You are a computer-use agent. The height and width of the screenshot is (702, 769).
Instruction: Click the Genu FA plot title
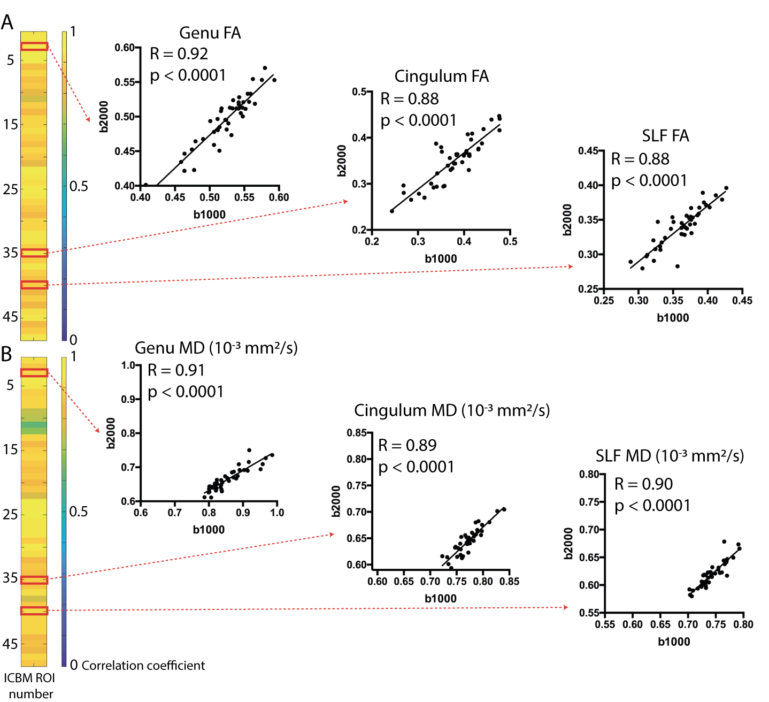210,33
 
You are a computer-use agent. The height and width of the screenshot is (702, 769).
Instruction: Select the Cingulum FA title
441,77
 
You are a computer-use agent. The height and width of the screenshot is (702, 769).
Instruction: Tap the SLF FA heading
665,136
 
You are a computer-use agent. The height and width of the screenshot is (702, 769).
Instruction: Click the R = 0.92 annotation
179,54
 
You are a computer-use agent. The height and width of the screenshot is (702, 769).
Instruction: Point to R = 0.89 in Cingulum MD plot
407,445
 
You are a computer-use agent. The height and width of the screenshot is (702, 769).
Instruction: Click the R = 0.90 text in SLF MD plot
643,484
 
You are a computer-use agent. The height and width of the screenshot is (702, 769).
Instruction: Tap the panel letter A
7,22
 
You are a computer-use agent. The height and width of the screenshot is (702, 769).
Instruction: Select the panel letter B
6,354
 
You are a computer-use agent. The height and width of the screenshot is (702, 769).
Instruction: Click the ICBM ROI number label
30,685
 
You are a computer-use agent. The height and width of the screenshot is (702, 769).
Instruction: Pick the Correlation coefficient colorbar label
143,666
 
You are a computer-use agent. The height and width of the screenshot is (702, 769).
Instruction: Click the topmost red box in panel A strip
34,47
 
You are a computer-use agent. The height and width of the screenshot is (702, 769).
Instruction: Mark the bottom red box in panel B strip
34,611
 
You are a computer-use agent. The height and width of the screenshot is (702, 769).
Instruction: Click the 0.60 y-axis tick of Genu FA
125,48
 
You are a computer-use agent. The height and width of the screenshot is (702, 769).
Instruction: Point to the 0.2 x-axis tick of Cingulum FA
372,241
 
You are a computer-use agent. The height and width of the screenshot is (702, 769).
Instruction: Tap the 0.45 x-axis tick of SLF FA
742,301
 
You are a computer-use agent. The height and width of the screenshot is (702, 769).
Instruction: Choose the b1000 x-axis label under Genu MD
209,530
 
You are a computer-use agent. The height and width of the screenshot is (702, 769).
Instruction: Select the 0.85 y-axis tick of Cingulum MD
357,433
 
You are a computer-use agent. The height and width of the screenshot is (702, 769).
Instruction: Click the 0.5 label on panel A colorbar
79,186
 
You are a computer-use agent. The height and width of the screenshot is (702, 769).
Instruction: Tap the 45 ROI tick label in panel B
10,644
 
